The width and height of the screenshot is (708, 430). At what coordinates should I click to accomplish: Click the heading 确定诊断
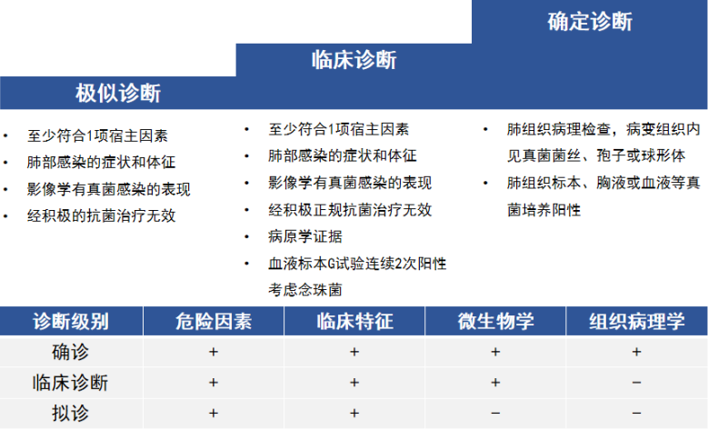coord(590,22)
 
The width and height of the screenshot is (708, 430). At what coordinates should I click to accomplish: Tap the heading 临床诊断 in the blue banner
coord(354,60)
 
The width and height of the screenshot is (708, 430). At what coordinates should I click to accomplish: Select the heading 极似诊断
coord(118,94)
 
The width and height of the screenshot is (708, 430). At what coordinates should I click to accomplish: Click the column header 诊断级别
coord(71,321)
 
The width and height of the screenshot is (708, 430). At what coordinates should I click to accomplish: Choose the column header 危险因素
coord(214,321)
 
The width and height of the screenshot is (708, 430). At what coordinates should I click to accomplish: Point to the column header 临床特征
coord(354,321)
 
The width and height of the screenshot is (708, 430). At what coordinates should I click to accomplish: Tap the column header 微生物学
coord(495,321)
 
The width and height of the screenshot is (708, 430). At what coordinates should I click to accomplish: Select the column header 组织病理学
coord(636,321)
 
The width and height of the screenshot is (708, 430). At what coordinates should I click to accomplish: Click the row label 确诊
coord(71,352)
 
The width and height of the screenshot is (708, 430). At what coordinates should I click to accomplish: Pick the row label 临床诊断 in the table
coord(71,383)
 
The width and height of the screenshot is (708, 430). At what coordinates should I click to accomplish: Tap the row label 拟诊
coord(71,414)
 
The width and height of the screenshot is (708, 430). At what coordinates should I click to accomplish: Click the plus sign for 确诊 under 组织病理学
coord(636,352)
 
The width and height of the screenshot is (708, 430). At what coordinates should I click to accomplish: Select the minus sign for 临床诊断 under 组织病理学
coord(636,383)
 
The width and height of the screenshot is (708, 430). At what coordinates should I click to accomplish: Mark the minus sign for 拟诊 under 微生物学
coord(495,414)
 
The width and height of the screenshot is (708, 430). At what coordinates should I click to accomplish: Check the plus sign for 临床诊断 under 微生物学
coord(495,383)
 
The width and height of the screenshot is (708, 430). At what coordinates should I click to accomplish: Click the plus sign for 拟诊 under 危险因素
coord(214,414)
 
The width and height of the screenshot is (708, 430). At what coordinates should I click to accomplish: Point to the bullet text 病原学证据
coord(305,236)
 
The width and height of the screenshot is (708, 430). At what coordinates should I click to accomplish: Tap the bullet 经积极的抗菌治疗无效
coord(101,215)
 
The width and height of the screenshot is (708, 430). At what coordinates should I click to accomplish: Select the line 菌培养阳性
coord(544,209)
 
